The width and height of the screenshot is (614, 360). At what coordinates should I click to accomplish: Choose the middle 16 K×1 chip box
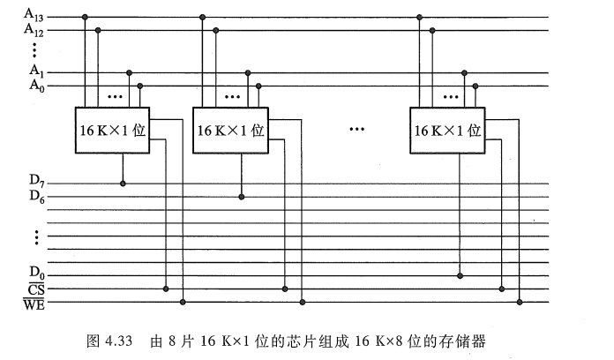230,131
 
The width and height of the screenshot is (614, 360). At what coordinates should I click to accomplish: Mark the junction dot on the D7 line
123,184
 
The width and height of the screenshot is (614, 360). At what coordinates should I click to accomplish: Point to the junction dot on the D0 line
460,274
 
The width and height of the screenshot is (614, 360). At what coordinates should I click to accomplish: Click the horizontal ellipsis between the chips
356,131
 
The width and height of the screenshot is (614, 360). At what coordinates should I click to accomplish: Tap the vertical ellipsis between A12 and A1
34,49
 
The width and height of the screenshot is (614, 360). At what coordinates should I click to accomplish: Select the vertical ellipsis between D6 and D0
36,236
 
